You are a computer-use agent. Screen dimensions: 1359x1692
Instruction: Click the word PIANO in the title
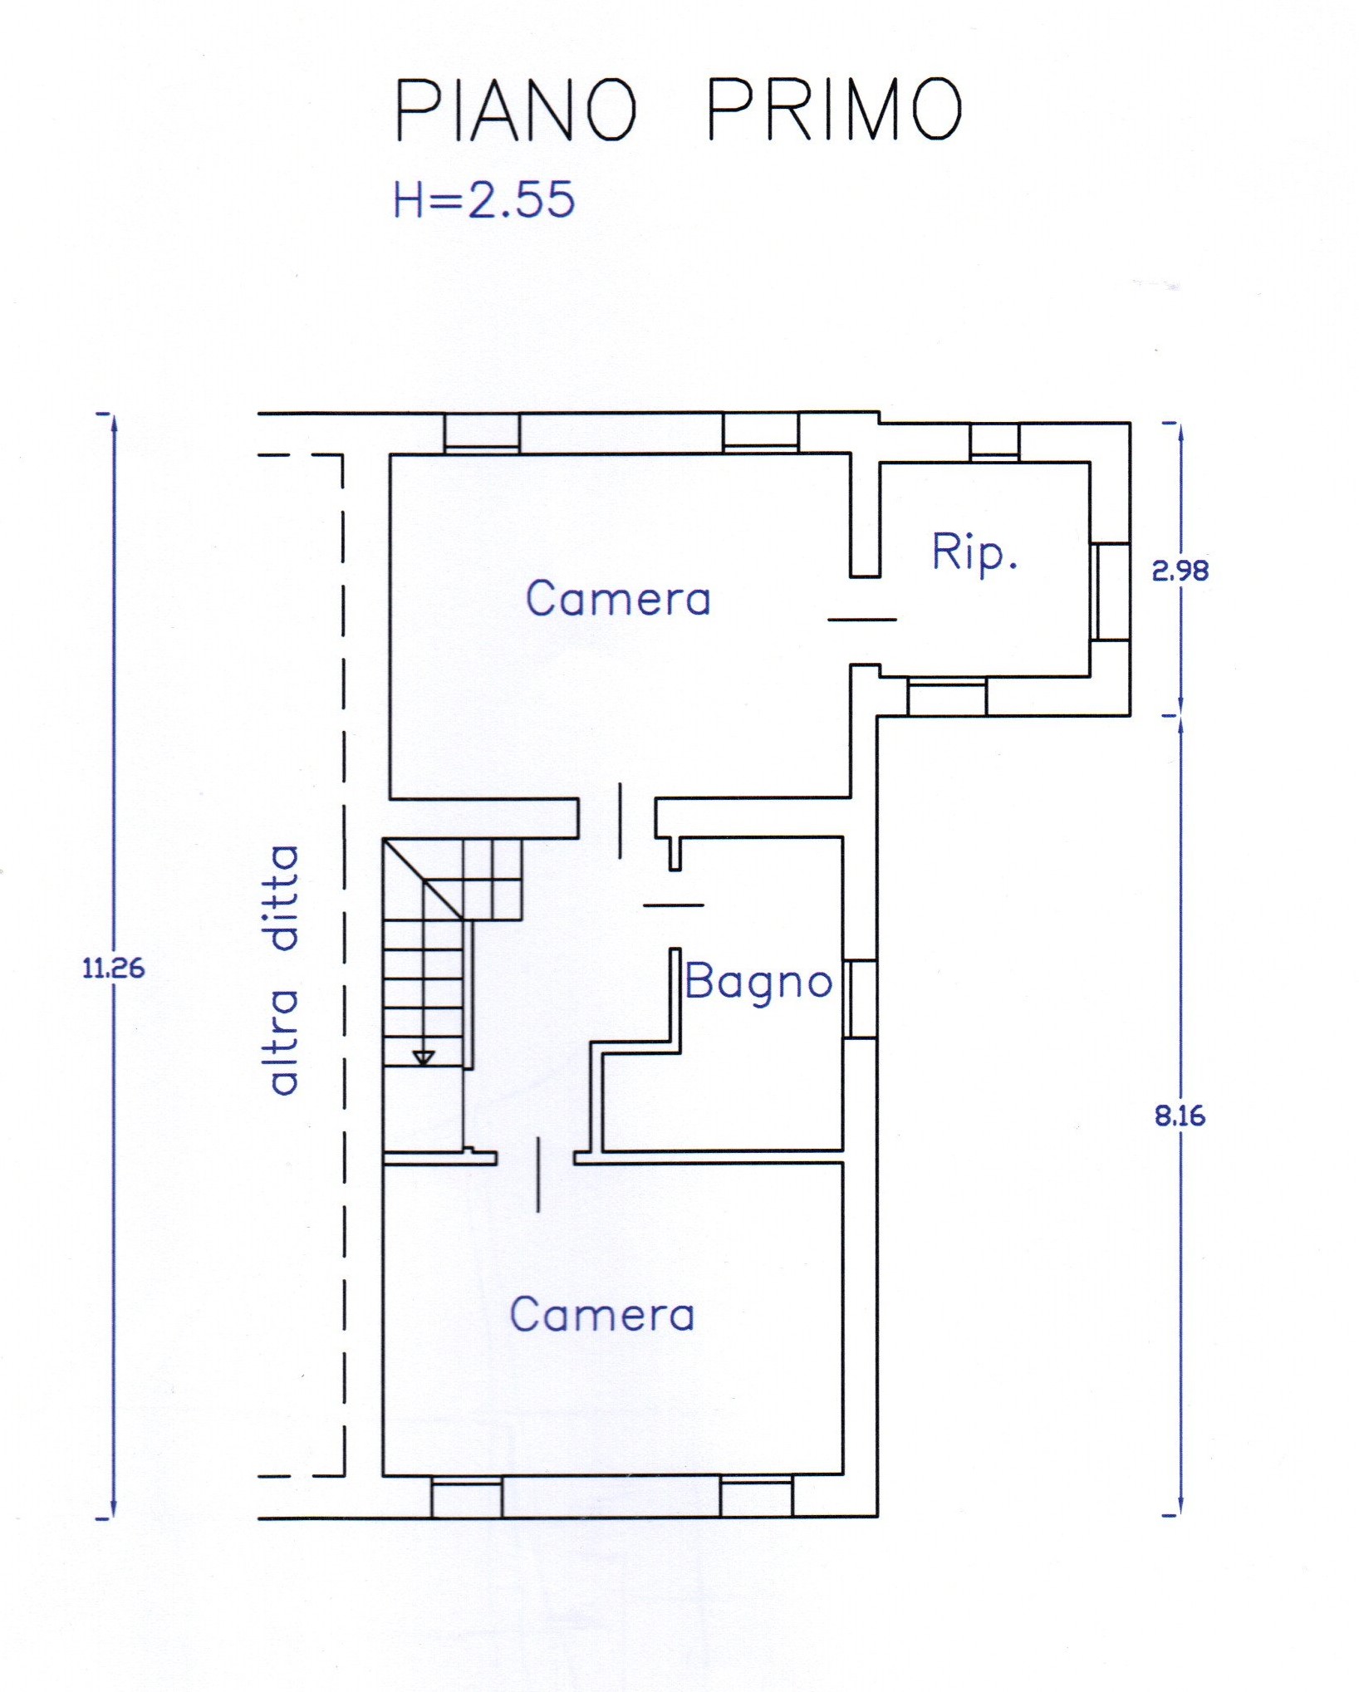pos(516,110)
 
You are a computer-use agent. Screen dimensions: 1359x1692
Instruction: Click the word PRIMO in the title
pos(835,110)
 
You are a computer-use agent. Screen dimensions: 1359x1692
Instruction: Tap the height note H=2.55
pos(484,199)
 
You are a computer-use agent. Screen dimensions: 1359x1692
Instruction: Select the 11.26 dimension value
pos(114,969)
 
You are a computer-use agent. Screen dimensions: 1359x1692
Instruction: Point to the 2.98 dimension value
pos(1180,571)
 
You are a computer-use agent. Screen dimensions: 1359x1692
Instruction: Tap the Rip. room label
pos(974,553)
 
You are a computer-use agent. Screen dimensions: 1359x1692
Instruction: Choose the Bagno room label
pos(758,983)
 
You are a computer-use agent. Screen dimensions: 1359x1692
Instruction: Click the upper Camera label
pos(619,598)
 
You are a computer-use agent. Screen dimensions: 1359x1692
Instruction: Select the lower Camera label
pos(602,1314)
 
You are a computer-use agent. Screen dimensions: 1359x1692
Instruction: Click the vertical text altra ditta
pos(282,969)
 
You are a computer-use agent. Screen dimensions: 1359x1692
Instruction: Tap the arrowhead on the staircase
pos(424,1057)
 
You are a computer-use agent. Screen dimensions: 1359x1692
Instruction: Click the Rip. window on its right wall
pos(1110,591)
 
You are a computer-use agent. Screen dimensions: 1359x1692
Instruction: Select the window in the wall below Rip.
pos(947,696)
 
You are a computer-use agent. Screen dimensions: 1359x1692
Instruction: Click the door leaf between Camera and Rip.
pos(862,620)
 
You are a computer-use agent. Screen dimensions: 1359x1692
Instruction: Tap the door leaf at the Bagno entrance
pos(674,905)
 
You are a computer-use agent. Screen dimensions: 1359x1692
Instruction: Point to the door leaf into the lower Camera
pos(538,1175)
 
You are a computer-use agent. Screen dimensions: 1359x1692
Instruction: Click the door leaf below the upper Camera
pos(620,820)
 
